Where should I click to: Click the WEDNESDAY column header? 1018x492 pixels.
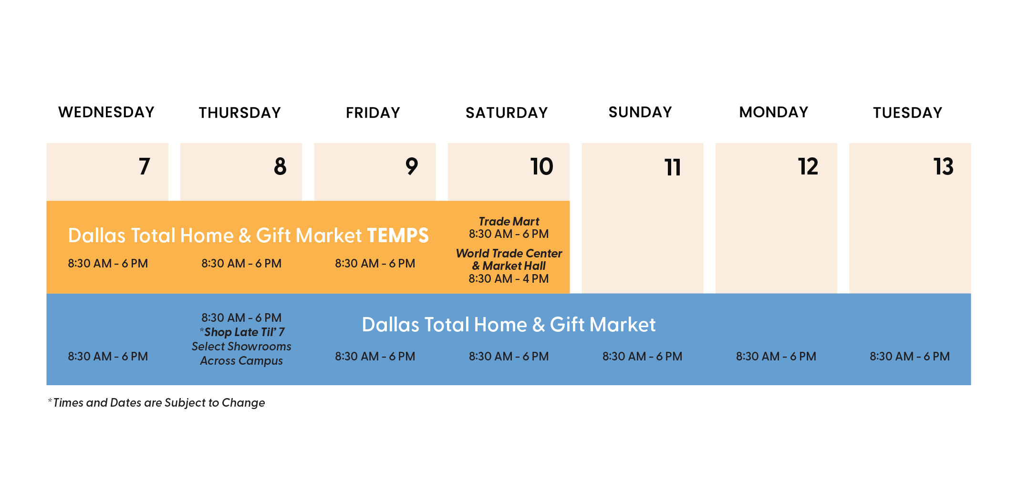point(106,112)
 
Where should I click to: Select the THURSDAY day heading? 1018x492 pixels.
point(240,113)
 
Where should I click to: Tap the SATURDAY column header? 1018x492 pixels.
point(507,113)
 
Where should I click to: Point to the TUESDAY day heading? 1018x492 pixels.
point(908,113)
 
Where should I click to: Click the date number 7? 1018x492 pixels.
point(145,166)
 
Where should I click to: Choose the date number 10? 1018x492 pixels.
point(542,166)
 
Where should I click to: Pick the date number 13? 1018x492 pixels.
point(944,166)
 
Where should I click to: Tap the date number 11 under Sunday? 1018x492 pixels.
point(673,167)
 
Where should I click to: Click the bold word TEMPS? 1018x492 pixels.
point(398,236)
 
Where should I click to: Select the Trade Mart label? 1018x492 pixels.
point(509,221)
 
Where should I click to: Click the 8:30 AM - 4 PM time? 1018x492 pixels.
point(509,278)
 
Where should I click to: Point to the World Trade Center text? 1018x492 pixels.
point(509,253)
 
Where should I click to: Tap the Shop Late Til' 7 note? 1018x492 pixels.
point(242,332)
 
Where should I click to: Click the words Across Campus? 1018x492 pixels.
point(241,361)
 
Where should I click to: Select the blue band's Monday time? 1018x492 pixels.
point(776,356)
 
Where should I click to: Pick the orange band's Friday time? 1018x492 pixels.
point(375,263)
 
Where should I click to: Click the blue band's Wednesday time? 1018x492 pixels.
point(108,356)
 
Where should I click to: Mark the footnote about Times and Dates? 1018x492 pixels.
point(156,403)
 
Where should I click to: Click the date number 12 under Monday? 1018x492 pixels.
point(808,166)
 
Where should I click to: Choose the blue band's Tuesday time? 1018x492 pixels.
point(910,356)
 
